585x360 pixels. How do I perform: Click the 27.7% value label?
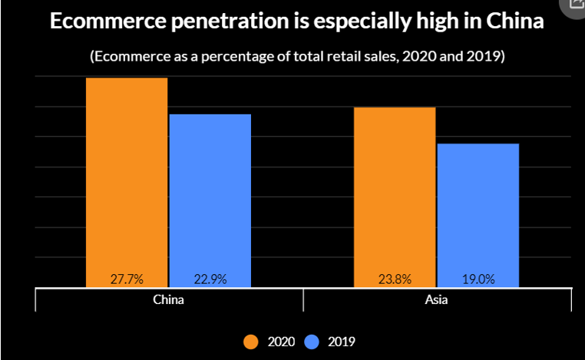(127, 279)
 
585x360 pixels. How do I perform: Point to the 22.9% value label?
(210, 279)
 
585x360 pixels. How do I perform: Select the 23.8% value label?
(395, 279)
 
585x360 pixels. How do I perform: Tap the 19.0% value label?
(478, 279)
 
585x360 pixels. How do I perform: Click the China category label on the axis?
(169, 299)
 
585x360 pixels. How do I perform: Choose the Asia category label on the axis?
(437, 299)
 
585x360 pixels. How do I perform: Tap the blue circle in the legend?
(313, 341)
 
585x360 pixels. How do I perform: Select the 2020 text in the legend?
(281, 341)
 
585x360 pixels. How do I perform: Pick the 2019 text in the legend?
(342, 341)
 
